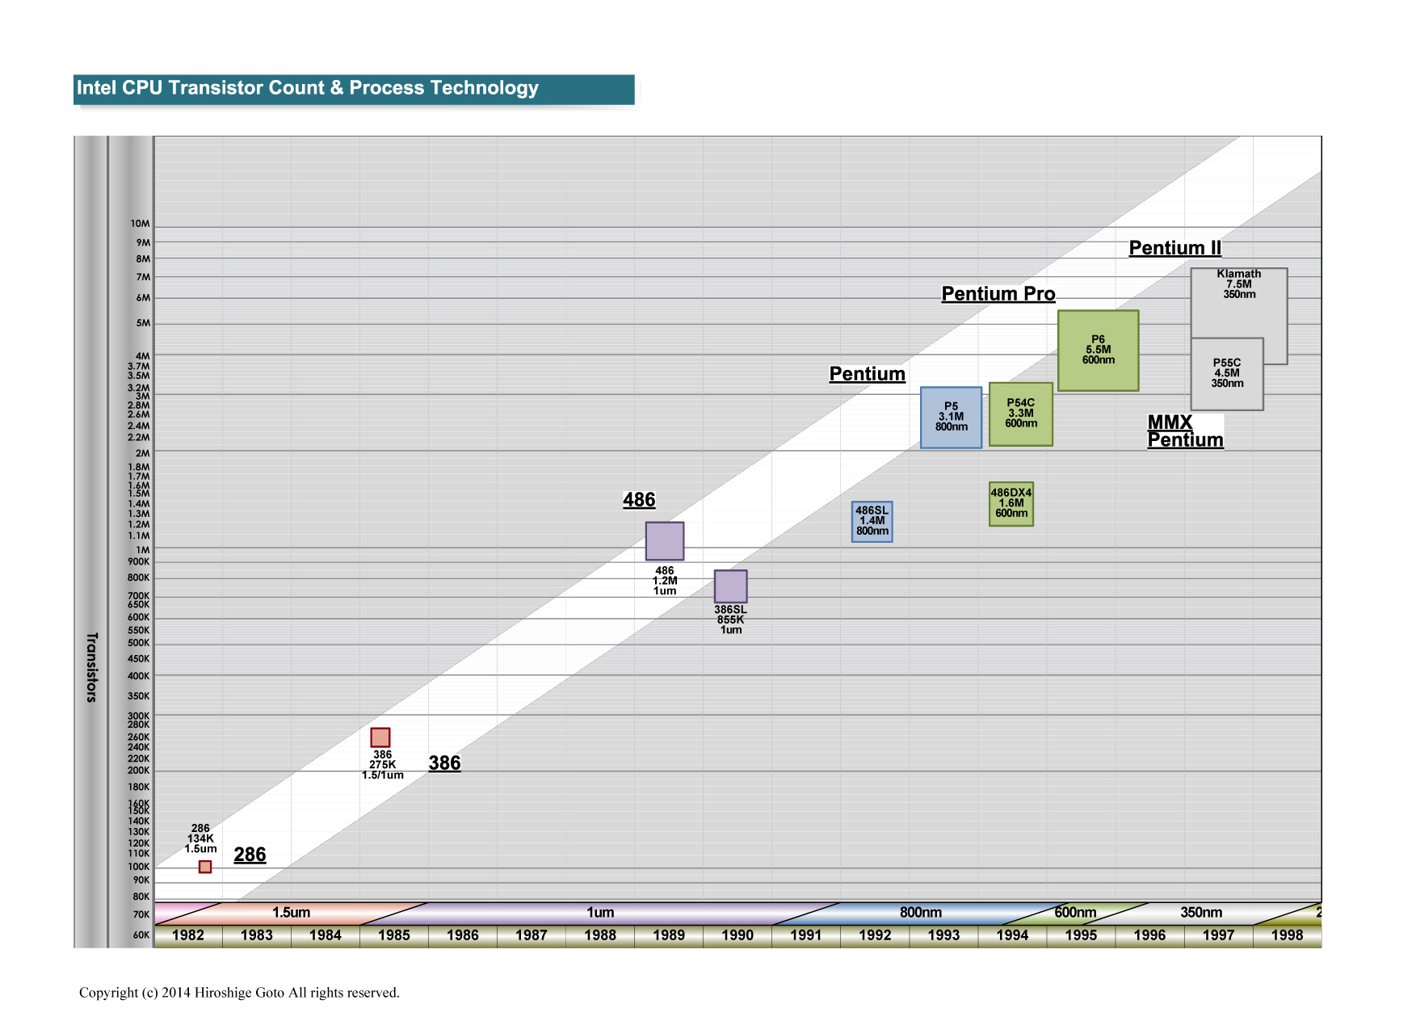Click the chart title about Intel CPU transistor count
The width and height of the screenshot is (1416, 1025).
coord(308,88)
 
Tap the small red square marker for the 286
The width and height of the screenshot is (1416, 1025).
coord(205,867)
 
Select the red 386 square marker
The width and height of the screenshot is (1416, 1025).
coord(380,737)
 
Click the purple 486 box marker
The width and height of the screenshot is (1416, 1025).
coord(665,541)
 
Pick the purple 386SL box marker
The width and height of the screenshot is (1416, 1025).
coord(731,586)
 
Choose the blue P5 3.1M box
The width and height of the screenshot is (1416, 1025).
coord(952,417)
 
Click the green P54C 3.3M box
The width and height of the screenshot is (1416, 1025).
coord(1021,414)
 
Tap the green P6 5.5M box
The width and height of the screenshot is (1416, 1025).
coord(1099,351)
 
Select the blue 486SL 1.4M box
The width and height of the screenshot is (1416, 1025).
coord(872,521)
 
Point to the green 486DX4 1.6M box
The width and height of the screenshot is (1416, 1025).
coord(1011,503)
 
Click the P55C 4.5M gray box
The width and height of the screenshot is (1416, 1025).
coord(1227,373)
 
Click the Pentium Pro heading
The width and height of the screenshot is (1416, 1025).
coord(998,294)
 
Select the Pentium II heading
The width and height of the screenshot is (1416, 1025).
coord(1175,248)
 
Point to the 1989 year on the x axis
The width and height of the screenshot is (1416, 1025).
coord(669,935)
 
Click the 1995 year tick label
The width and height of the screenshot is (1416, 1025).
coord(1081,935)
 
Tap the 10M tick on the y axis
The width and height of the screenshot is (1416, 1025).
coord(141,224)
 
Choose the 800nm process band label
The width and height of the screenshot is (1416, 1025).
coord(921,913)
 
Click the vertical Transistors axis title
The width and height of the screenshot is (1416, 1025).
coord(91,667)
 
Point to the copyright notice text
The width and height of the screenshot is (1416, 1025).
coord(239,993)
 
